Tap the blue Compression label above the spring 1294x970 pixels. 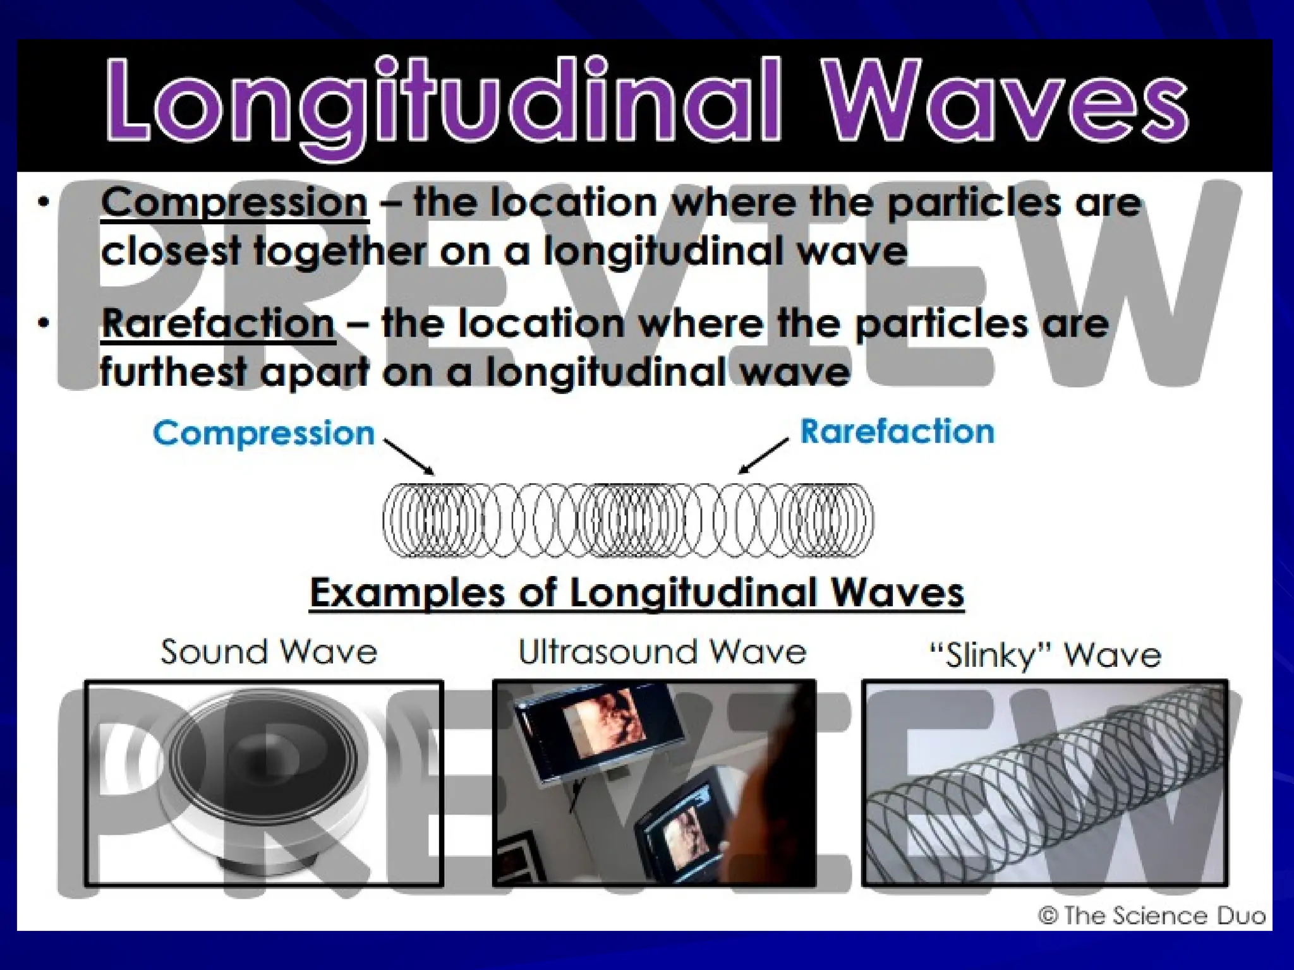[263, 433]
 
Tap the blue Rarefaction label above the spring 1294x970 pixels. [897, 432]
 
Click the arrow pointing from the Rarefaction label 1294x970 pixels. [763, 456]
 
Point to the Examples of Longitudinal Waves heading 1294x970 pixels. [637, 593]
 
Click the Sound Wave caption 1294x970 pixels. [269, 652]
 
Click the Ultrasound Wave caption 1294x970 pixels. [662, 652]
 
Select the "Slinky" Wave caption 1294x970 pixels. [1046, 655]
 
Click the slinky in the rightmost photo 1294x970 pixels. [1046, 783]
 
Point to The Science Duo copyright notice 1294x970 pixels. [1152, 916]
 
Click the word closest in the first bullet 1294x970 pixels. [171, 251]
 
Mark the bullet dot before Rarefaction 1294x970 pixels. [43, 324]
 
